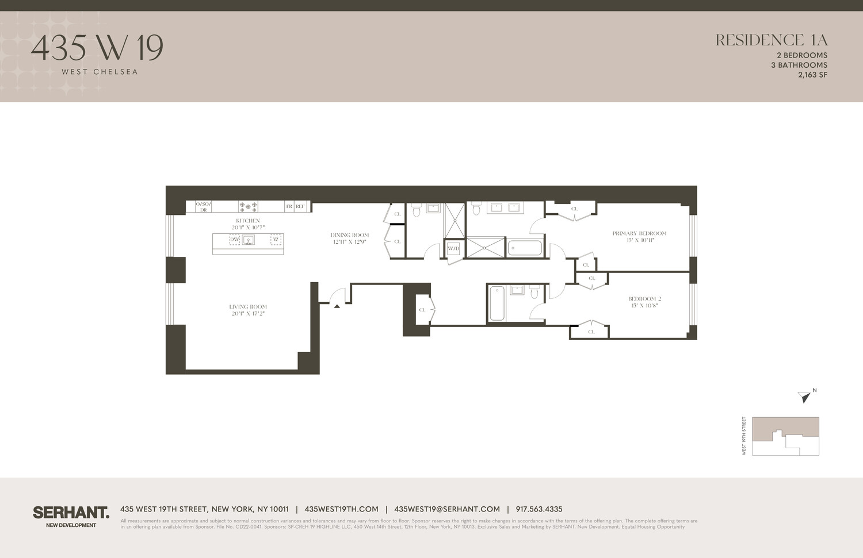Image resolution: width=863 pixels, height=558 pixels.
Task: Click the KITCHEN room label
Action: pos(248,221)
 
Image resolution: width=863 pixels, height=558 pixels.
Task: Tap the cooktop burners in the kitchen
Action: pos(249,206)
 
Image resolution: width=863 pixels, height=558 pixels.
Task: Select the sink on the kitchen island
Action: pos(248,240)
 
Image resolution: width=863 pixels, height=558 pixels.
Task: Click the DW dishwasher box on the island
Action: pos(235,240)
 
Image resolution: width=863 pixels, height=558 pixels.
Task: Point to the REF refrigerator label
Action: pos(300,206)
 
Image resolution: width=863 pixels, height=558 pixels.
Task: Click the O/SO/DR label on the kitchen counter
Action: pos(203,207)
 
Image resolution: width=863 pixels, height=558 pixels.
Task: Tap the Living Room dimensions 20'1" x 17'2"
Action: pos(248,314)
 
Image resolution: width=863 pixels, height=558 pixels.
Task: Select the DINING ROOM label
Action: pos(350,235)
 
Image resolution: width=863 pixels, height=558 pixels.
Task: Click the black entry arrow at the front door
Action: pos(337,306)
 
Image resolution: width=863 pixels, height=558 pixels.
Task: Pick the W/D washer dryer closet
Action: pos(453,249)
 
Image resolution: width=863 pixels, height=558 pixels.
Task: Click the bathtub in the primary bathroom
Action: pos(525,248)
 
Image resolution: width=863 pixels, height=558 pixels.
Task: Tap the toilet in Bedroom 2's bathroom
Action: pos(534,293)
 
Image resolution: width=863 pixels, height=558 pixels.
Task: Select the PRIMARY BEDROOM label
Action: pos(639,233)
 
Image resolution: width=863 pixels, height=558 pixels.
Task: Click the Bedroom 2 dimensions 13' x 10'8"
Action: pos(644,306)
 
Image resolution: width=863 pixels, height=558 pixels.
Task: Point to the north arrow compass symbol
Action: pos(804,396)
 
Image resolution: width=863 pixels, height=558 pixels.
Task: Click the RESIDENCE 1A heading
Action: pos(771,40)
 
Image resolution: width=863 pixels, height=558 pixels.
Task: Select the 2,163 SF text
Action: pos(812,75)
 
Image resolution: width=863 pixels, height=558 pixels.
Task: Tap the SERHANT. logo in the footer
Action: pos(71,513)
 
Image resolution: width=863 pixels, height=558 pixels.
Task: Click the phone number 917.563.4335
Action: pos(539,509)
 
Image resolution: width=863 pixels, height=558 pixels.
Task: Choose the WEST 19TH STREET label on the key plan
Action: pos(744,436)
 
